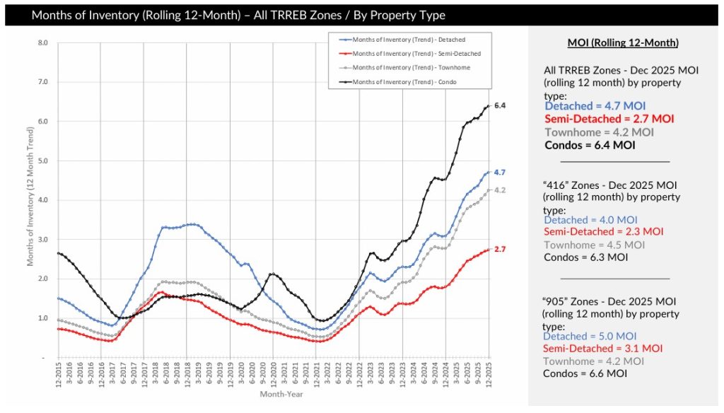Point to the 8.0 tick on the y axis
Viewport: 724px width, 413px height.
42,42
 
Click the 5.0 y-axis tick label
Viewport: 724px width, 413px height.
42,161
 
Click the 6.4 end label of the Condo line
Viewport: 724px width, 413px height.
500,105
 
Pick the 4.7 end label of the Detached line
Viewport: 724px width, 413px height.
500,173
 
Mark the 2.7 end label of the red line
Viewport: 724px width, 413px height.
500,250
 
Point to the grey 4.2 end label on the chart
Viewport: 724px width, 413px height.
500,190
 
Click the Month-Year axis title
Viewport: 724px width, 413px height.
276,393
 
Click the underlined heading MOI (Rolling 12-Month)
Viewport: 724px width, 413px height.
623,44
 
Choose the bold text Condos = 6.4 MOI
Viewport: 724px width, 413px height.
590,145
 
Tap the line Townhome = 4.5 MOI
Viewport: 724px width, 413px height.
594,245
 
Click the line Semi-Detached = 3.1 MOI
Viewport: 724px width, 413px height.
603,348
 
